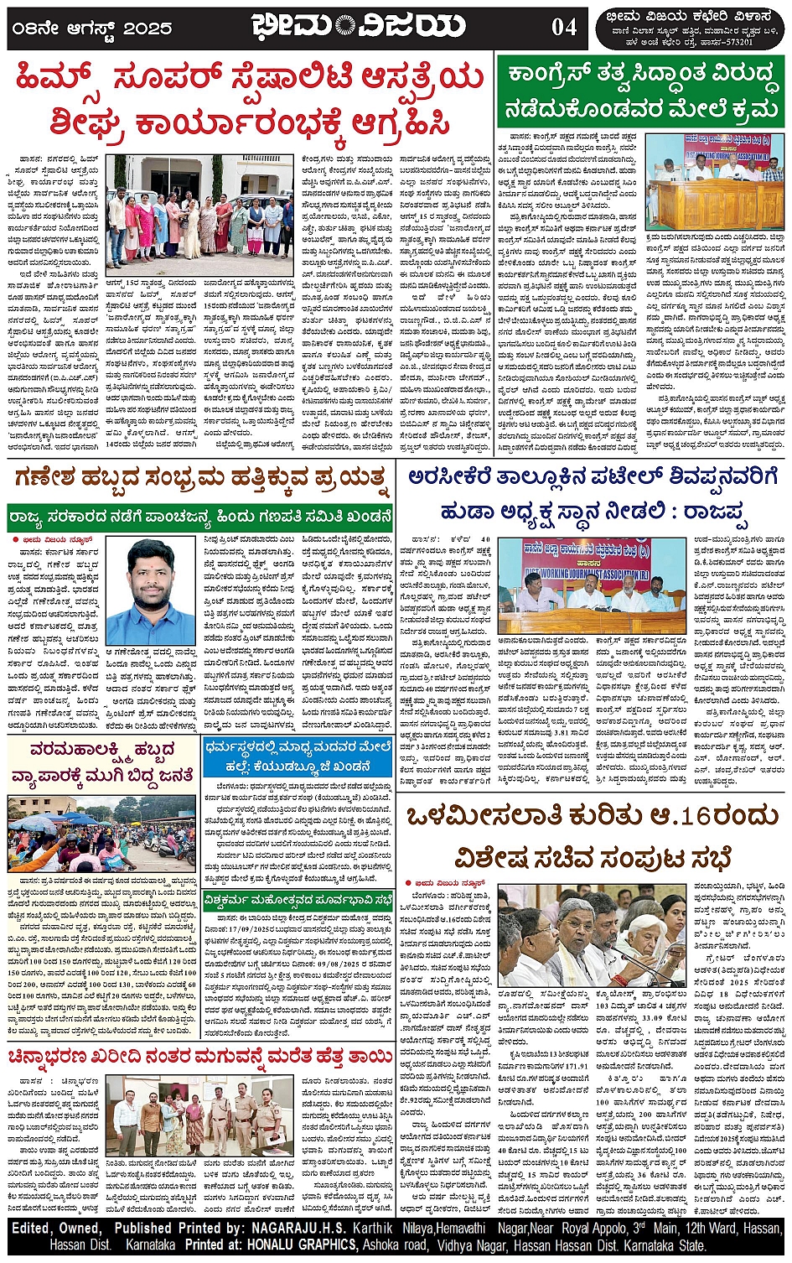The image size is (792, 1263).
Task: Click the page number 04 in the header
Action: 564,27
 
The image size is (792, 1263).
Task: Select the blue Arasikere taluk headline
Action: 593,493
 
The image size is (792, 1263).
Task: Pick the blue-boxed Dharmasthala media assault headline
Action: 298,756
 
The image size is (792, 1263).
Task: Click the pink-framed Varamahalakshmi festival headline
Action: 102,761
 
